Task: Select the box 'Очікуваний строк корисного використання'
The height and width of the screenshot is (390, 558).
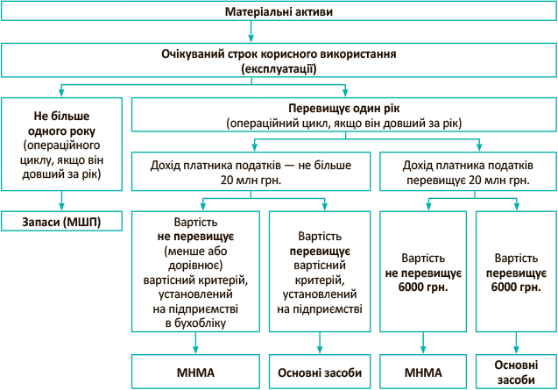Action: pyautogui.click(x=278, y=60)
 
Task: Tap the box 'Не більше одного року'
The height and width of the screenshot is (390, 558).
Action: pyautogui.click(x=61, y=145)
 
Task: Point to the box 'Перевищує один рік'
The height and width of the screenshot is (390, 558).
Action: pyautogui.click(x=343, y=115)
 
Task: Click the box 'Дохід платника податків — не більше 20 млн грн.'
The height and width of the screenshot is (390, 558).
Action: pyautogui.click(x=251, y=171)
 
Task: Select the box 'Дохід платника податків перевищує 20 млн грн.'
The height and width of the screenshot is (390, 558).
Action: pyautogui.click(x=467, y=171)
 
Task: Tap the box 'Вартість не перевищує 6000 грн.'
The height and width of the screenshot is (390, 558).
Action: pyautogui.click(x=423, y=272)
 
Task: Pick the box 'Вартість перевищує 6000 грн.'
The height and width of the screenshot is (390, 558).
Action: pyautogui.click(x=516, y=272)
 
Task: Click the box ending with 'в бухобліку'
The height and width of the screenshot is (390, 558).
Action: pyautogui.click(x=195, y=272)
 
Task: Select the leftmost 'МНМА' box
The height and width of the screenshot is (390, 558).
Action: pyautogui.click(x=195, y=372)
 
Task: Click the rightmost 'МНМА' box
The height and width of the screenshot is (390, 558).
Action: pyautogui.click(x=423, y=372)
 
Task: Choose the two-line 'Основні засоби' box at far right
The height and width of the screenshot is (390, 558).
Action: pyautogui.click(x=516, y=372)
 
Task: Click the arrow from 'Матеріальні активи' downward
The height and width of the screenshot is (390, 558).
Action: pyautogui.click(x=251, y=33)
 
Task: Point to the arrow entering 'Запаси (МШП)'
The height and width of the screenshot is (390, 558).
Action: pyautogui.click(x=61, y=201)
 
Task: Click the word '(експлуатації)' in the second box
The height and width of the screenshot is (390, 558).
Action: pyautogui.click(x=279, y=67)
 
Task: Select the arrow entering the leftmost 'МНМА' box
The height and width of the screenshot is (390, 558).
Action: pyautogui.click(x=195, y=344)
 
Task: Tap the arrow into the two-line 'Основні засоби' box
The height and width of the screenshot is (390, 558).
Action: pyautogui.click(x=516, y=344)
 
